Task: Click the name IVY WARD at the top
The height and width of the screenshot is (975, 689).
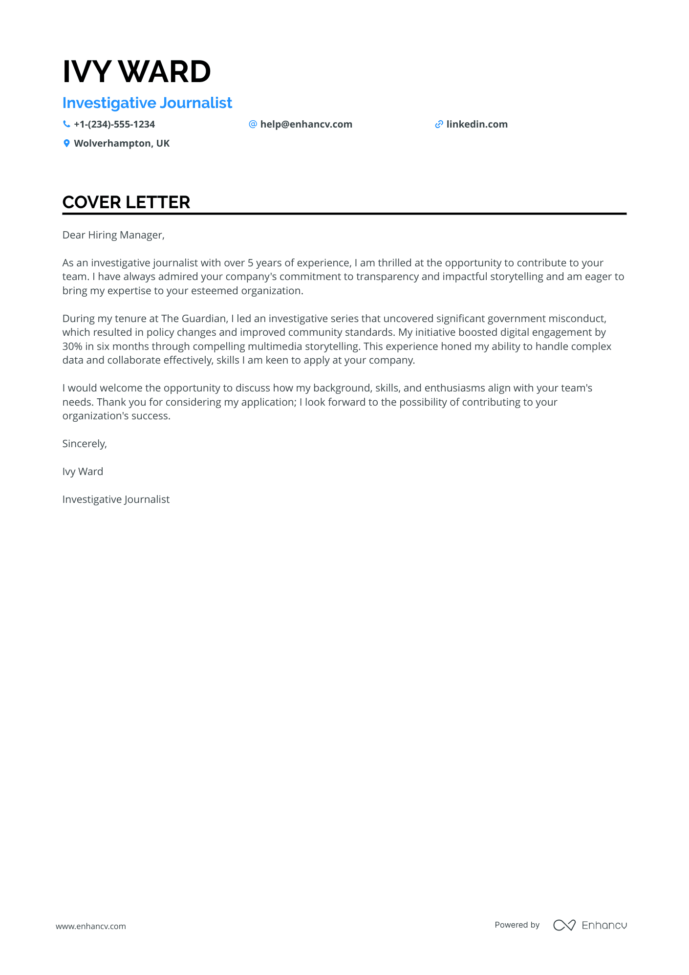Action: point(136,72)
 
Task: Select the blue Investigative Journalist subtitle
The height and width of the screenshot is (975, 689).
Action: point(147,103)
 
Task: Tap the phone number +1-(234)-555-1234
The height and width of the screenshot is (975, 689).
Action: point(114,125)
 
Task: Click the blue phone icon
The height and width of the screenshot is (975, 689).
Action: point(66,124)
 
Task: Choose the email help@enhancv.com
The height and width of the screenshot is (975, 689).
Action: point(306,125)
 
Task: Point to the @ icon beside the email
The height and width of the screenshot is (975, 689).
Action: point(253,124)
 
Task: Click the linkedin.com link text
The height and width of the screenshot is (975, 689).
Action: point(476,125)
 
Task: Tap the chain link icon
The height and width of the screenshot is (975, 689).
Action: point(439,125)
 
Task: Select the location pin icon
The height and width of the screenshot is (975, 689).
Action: point(66,143)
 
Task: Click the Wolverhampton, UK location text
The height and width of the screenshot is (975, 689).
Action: point(122,144)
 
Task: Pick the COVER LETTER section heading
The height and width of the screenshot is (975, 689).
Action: point(126,202)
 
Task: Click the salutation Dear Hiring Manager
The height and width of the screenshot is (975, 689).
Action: point(113,235)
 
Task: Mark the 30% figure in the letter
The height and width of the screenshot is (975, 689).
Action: point(72,347)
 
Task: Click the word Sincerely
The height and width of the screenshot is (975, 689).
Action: point(84,444)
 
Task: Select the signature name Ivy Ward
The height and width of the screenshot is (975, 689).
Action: point(83,472)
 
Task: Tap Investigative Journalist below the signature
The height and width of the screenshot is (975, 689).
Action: point(116,499)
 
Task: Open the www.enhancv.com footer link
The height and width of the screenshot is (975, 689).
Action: point(91,926)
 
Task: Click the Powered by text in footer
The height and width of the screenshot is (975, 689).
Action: point(517,925)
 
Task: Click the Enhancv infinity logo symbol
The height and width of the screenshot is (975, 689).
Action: point(564,925)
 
